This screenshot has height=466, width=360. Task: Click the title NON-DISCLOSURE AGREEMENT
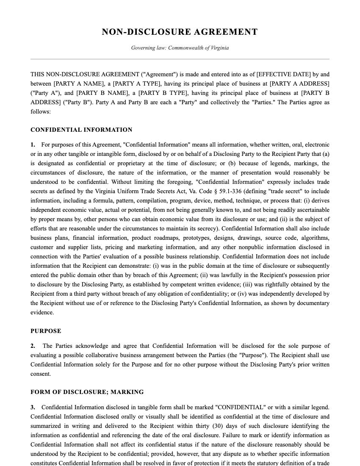pos(180,32)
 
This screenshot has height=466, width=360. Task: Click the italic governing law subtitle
pos(180,48)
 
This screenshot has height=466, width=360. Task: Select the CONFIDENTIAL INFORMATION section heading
pos(81,130)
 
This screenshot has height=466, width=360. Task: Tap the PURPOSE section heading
pos(46,331)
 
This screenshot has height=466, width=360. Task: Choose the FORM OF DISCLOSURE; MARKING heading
pos(87,392)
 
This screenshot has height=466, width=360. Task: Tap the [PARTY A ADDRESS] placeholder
pos(299,83)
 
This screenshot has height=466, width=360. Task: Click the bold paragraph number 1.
pos(33,145)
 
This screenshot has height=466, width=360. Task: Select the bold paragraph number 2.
pos(33,346)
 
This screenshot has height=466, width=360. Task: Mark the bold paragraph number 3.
pos(33,408)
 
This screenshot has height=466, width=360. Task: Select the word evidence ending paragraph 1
pos(42,313)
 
